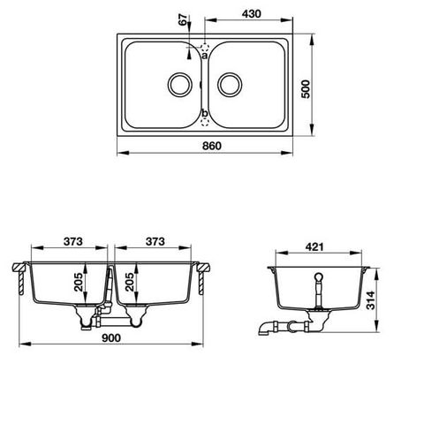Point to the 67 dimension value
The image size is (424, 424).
click(182, 22)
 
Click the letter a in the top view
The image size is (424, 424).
click(204, 55)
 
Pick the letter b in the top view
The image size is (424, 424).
click(204, 113)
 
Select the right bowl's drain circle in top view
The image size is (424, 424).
click(231, 85)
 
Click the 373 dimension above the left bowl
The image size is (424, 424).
click(72, 242)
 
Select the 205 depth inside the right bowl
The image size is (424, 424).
click(131, 283)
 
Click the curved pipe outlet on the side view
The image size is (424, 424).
click(266, 328)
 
